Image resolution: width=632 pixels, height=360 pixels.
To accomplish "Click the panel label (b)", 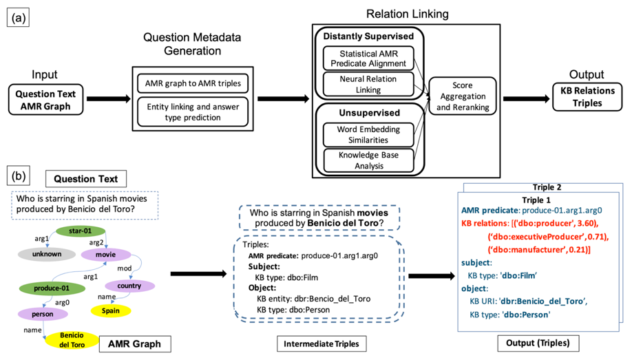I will (17, 176).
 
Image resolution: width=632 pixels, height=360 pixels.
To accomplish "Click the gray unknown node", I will (47, 254).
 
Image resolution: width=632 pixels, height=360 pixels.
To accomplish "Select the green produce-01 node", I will (47, 287).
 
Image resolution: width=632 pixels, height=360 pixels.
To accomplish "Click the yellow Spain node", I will (111, 310).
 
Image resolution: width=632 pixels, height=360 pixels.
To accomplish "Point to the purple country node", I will (129, 286).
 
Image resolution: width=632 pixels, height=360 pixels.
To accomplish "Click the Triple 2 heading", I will (548, 186).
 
